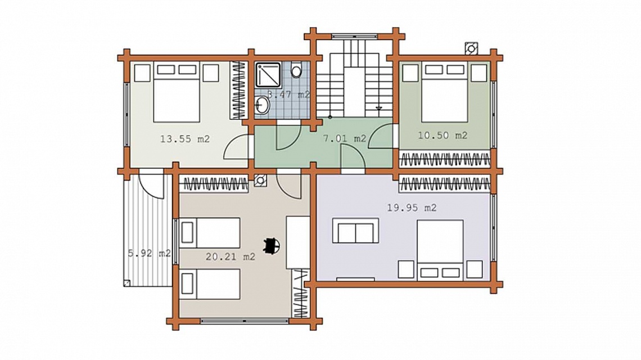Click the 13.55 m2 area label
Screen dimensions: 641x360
click(185, 139)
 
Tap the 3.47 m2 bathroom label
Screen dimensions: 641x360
click(288, 94)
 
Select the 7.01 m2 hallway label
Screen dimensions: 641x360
click(345, 139)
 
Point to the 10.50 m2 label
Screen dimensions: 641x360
click(443, 136)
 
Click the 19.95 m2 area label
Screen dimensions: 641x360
click(412, 208)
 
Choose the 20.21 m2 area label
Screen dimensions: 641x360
click(231, 257)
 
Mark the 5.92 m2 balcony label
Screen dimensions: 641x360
click(149, 254)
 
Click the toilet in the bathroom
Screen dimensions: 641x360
click(296, 70)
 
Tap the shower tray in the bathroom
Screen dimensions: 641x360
click(268, 74)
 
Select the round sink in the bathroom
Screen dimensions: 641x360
click(262, 105)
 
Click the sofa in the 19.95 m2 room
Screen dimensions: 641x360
click(355, 231)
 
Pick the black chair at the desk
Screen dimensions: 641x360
click(272, 246)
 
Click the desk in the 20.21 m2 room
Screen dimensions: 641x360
click(297, 242)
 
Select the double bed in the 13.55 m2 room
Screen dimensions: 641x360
click(177, 92)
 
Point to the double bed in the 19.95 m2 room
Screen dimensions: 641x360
click(440, 250)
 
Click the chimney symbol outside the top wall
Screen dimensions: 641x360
click(471, 49)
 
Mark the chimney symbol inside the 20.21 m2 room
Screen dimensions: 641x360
click(260, 181)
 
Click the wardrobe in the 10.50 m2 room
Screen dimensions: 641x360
click(444, 159)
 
